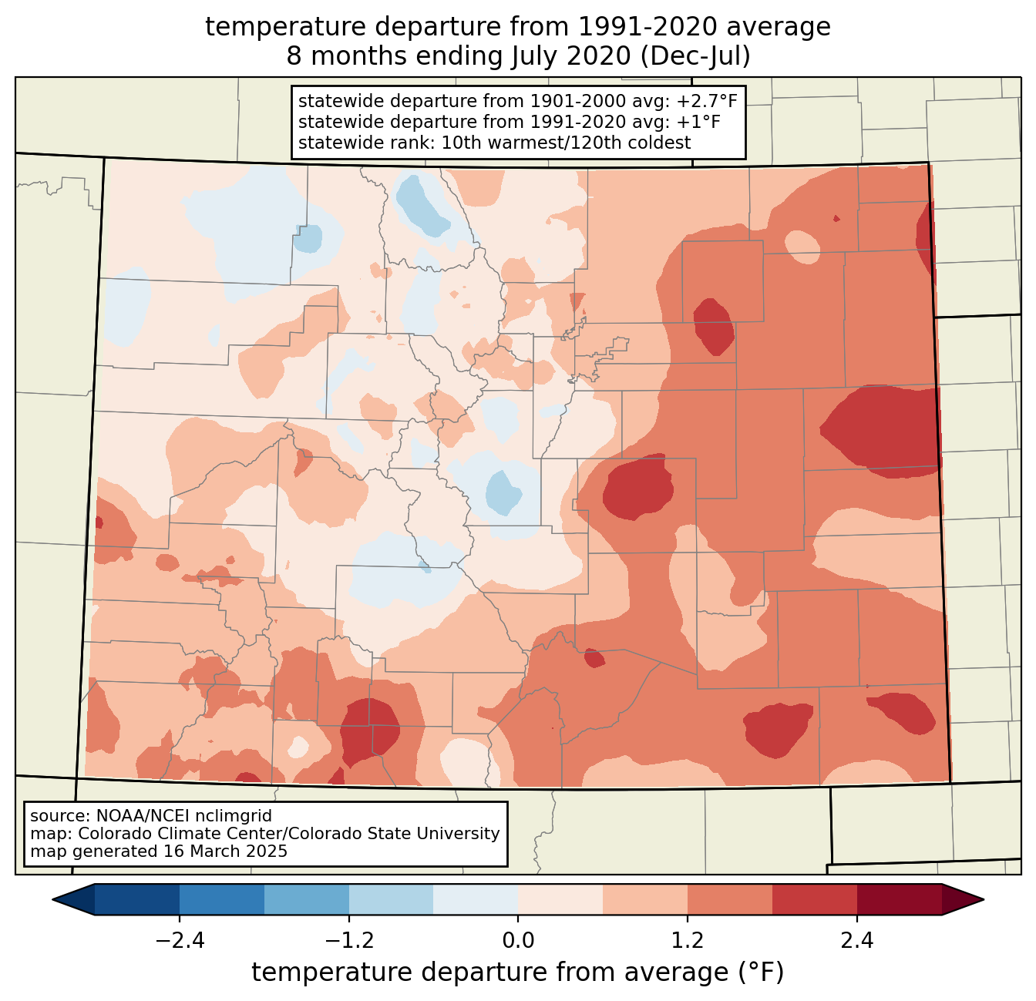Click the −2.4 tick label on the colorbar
[x=180, y=941]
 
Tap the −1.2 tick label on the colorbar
[x=349, y=941]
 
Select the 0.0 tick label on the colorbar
[x=518, y=941]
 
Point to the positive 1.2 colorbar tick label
[x=688, y=941]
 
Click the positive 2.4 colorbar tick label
[x=857, y=941]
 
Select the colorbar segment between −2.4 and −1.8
[x=222, y=899]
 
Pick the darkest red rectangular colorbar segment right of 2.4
[x=899, y=899]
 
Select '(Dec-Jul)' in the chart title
[x=695, y=56]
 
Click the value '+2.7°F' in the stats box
[x=707, y=102]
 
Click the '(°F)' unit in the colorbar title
[x=761, y=972]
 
